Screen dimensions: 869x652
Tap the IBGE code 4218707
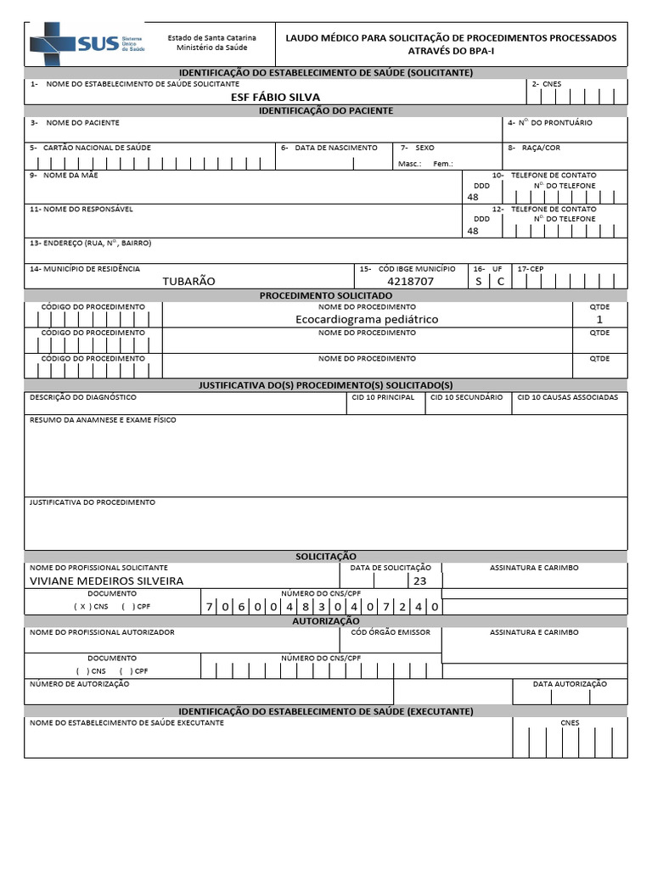pyautogui.click(x=410, y=281)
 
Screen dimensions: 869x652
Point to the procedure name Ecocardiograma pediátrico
pyautogui.click(x=367, y=319)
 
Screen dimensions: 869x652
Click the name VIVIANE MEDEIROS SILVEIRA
pyautogui.click(x=106, y=580)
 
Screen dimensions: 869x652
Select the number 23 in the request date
pyautogui.click(x=420, y=580)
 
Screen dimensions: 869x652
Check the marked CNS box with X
pyautogui.click(x=82, y=607)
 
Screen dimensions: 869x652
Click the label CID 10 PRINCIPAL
pyautogui.click(x=384, y=397)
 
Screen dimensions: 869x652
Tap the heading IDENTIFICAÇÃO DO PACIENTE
pyautogui.click(x=326, y=110)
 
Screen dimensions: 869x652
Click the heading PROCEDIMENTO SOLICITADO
pyautogui.click(x=326, y=294)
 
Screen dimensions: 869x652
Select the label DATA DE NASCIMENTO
pyautogui.click(x=335, y=148)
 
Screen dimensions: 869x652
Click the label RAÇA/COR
pyautogui.click(x=540, y=148)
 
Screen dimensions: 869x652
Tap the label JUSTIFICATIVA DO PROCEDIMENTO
pyautogui.click(x=93, y=502)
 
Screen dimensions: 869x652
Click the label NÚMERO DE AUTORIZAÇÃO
pyautogui.click(x=80, y=683)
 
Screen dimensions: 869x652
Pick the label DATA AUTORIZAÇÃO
pyautogui.click(x=570, y=683)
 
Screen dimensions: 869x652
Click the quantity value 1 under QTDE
pyautogui.click(x=599, y=319)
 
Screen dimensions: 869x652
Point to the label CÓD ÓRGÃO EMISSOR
pyautogui.click(x=391, y=632)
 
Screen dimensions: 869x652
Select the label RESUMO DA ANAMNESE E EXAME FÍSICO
pyautogui.click(x=103, y=420)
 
